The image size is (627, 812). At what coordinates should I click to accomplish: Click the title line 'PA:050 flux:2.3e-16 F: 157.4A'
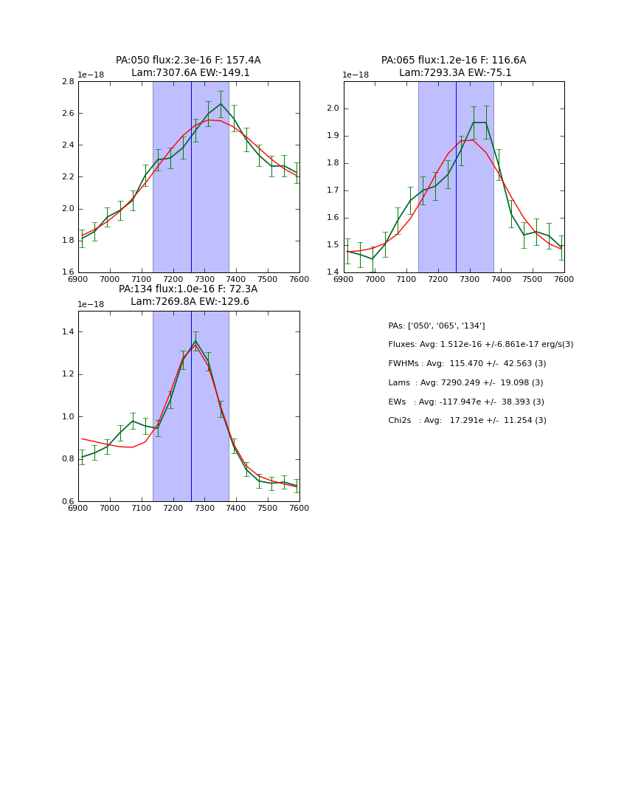click(x=188, y=61)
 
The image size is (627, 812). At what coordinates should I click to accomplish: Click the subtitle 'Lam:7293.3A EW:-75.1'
click(x=455, y=73)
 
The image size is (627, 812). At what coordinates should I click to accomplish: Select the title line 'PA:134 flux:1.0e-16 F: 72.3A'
click(x=188, y=289)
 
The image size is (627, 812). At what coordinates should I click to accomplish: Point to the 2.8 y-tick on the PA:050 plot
click(x=67, y=82)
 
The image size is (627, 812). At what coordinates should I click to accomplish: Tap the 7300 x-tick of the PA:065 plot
click(x=470, y=279)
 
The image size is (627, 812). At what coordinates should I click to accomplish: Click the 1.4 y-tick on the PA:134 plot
click(x=67, y=332)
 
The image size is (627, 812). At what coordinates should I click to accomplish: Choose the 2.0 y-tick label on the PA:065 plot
click(x=333, y=109)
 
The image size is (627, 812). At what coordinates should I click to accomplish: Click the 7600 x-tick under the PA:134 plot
click(x=299, y=508)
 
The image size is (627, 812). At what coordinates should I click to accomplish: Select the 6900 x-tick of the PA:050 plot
click(x=78, y=279)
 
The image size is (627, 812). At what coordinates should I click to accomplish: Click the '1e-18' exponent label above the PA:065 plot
click(x=356, y=75)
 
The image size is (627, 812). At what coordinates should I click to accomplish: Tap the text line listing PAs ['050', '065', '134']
click(x=437, y=326)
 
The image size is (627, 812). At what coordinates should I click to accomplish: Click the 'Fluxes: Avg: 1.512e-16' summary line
click(x=480, y=345)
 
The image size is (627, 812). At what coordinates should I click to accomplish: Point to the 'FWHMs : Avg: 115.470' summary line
click(x=467, y=364)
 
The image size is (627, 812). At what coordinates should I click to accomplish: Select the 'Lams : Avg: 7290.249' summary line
click(x=465, y=383)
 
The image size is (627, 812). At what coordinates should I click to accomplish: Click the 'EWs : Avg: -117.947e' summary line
click(x=466, y=402)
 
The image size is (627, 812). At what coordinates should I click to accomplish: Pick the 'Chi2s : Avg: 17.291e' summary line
click(x=467, y=421)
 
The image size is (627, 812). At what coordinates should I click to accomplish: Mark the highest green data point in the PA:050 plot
click(x=221, y=103)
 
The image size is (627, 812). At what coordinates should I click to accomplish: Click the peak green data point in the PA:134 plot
click(x=195, y=341)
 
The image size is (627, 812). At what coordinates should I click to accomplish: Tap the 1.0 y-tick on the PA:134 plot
click(x=67, y=417)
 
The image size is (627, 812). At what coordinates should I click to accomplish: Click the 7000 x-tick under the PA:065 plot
click(x=375, y=279)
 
